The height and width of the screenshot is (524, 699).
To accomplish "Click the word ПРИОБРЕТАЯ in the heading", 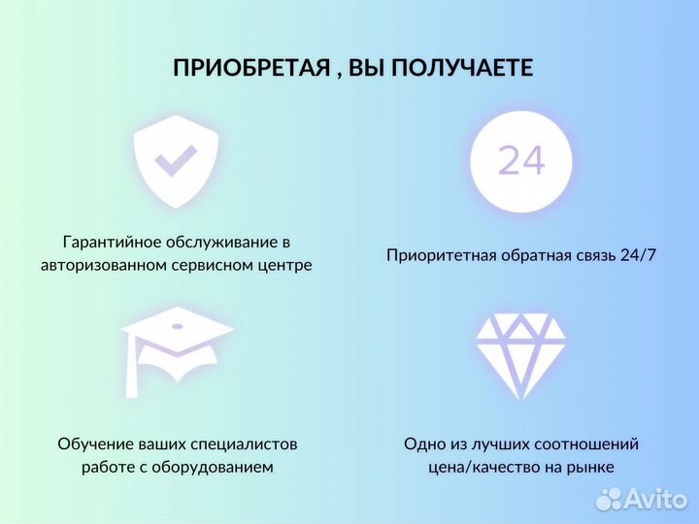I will [235, 68].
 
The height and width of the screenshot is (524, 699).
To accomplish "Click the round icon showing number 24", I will [521, 161].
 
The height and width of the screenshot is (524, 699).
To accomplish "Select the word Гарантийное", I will [111, 242].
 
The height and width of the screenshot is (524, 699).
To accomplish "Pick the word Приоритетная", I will [441, 256].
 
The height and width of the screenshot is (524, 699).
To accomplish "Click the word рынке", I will [591, 468].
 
